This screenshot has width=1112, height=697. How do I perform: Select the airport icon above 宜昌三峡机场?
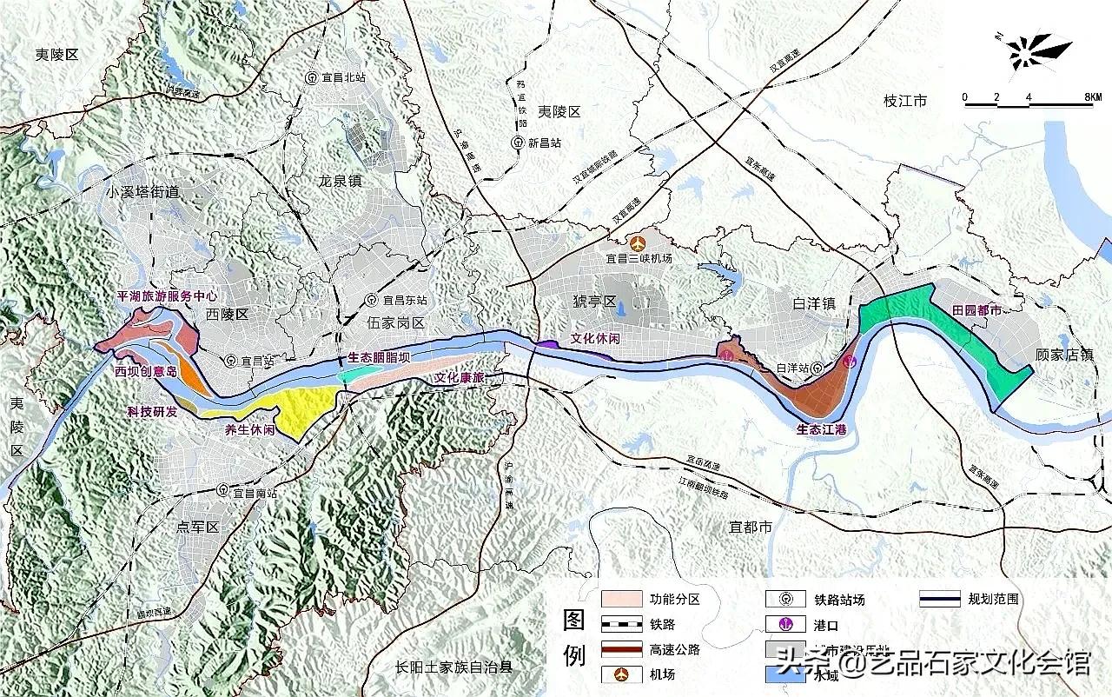pos(640,242)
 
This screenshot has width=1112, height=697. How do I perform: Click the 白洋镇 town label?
pos(813,303)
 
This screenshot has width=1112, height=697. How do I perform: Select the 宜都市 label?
pos(751,527)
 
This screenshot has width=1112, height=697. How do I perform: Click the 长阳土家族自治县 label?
pos(453,667)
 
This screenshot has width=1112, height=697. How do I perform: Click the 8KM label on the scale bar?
pos(1092,97)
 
